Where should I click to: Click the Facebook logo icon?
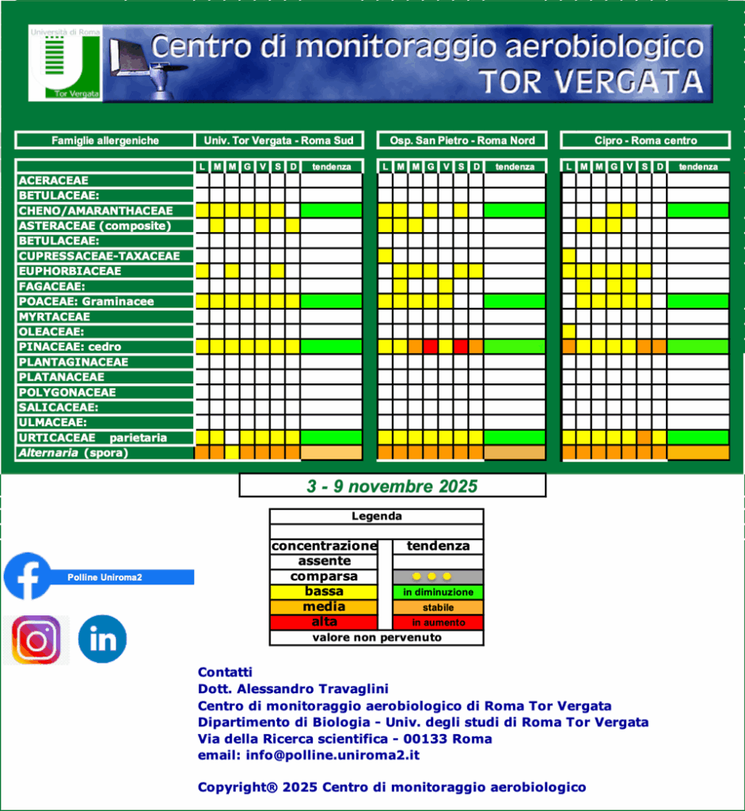(x=28, y=576)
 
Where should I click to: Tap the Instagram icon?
(x=36, y=639)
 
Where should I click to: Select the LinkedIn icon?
(x=102, y=639)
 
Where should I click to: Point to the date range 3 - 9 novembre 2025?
(x=392, y=485)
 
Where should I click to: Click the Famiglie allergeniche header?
(x=105, y=140)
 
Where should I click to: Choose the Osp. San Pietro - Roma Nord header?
(x=462, y=140)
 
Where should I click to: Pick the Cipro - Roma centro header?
(x=645, y=140)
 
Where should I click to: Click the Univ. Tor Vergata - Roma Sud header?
(x=279, y=140)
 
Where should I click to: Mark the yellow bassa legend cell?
(x=324, y=592)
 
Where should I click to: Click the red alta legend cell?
(x=324, y=623)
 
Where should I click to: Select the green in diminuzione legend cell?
(x=438, y=592)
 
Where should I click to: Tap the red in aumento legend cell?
(x=438, y=623)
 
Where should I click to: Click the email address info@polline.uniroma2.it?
(x=308, y=755)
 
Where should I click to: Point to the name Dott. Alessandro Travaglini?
(x=293, y=689)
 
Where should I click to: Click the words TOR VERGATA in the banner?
(x=591, y=82)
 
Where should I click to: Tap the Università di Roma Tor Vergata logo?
(x=65, y=63)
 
